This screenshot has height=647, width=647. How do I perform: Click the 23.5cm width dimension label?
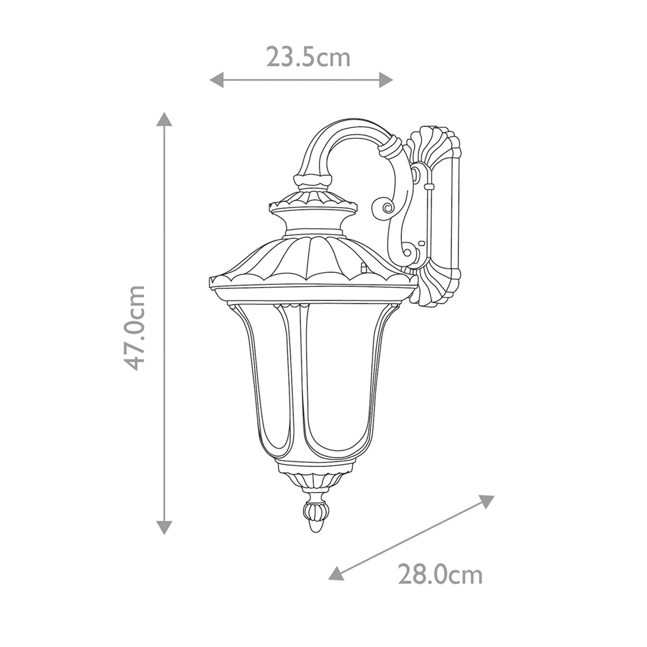[308, 57]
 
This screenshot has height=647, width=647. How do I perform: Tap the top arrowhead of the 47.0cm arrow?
[164, 120]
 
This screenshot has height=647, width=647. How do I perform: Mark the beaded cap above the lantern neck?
[313, 202]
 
